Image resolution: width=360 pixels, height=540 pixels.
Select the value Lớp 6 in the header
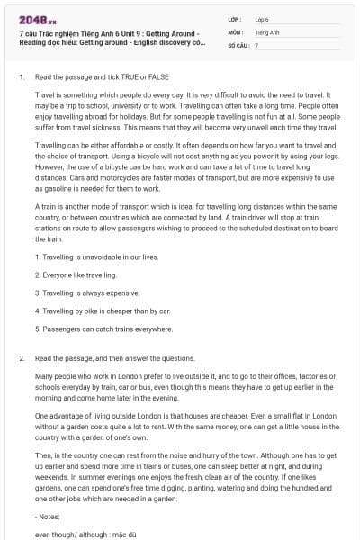point(262,18)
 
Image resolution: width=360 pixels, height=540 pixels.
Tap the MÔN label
point(236,31)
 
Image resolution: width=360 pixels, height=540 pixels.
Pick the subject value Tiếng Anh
point(266,31)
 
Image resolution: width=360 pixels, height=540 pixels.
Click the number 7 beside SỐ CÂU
point(256,45)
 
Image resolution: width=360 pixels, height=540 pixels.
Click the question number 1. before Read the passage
point(21,76)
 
